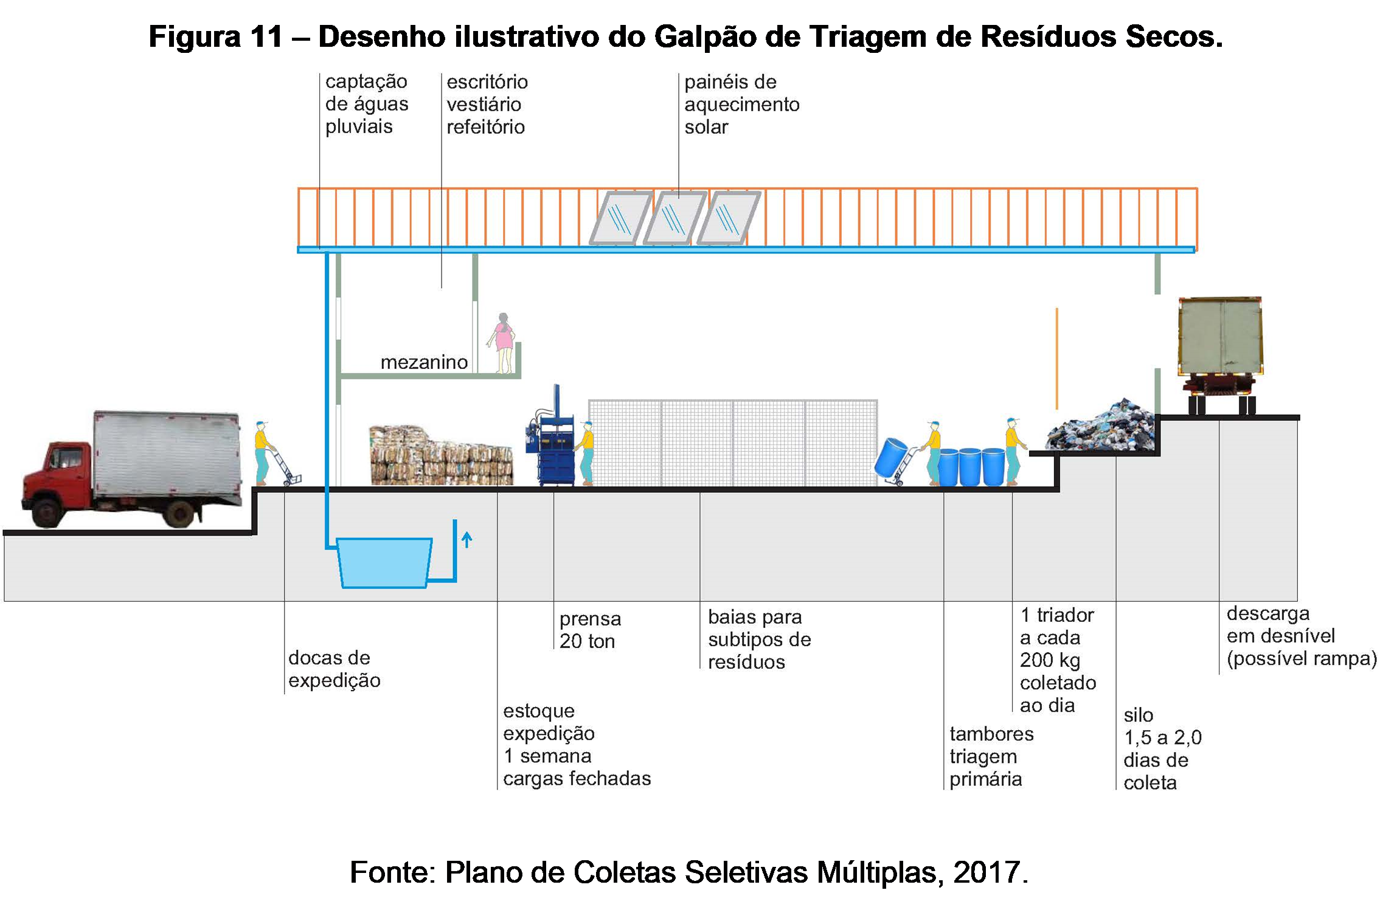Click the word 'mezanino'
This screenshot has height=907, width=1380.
coord(424,362)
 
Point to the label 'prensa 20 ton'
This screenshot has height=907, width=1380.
coord(590,630)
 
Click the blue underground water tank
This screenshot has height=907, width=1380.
coord(384,562)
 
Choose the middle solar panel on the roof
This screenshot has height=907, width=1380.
coord(674,218)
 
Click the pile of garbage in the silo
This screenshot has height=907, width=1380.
coord(1101,426)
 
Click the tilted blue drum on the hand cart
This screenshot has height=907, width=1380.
coord(890,457)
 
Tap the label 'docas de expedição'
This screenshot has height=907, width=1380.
coord(334,669)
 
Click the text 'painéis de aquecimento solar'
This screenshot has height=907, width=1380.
coord(741,104)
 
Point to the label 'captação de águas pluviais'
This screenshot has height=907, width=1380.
coord(366,104)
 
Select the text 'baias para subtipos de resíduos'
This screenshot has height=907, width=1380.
coord(759,639)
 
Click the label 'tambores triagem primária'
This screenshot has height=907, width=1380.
coord(991,756)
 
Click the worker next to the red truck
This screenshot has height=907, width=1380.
coord(262,453)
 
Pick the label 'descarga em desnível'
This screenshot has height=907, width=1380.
coord(1300,636)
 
